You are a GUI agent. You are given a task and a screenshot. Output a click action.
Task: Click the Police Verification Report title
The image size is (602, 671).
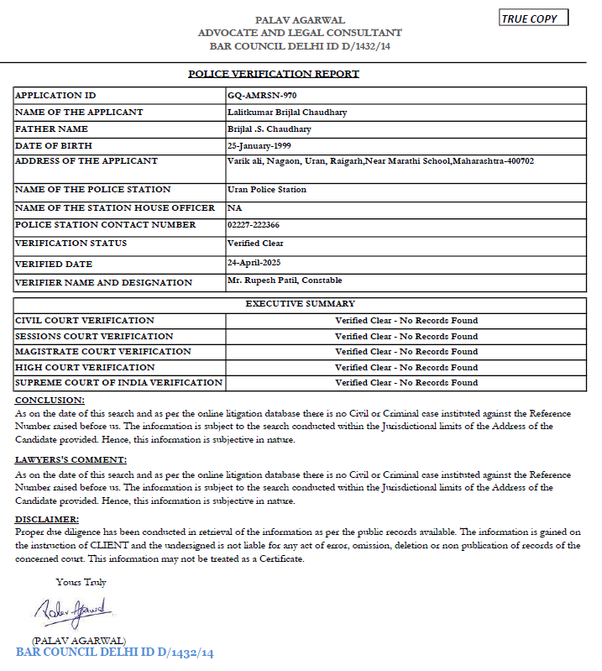tap(274, 74)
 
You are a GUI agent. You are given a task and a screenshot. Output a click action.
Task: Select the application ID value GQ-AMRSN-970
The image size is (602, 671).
tap(261, 96)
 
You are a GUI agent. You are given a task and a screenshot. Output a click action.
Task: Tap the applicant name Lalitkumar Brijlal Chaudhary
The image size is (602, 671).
tap(287, 113)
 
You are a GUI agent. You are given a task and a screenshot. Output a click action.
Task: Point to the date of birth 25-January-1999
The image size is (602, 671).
tap(260, 145)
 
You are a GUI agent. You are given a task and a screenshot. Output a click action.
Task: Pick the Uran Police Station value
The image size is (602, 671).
tap(267, 190)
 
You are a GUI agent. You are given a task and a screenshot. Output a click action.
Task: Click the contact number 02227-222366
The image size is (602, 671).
tap(254, 225)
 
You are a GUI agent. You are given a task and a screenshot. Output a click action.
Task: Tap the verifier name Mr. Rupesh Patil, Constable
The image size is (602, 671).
tap(285, 280)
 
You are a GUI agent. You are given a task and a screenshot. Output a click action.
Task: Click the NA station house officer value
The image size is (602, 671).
tap(233, 207)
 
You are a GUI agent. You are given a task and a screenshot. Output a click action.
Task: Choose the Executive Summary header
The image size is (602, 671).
tap(300, 304)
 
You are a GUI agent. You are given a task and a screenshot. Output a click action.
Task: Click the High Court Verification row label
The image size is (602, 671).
tap(85, 368)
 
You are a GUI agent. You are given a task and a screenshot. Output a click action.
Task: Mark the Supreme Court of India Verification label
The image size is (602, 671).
tap(118, 383)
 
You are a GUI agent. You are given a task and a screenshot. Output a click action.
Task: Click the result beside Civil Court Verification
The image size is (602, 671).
tap(406, 321)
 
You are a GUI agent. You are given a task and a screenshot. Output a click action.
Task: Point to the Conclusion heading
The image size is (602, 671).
tap(50, 400)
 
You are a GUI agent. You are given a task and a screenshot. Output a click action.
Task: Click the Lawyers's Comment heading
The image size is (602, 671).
tap(71, 460)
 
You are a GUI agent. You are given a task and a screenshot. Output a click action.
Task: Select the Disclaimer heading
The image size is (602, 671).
tap(47, 520)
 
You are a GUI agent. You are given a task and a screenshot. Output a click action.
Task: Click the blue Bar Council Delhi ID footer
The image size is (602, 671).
tap(115, 653)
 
